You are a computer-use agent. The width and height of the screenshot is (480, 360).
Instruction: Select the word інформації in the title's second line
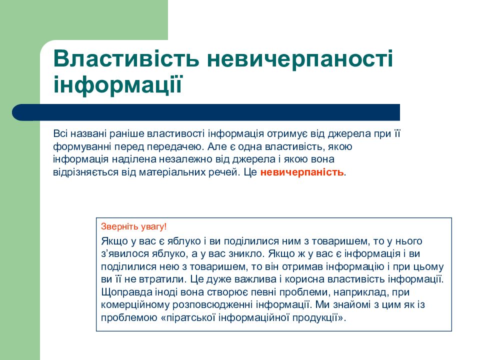(117, 84)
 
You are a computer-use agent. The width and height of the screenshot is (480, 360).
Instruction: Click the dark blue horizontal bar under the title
(210, 112)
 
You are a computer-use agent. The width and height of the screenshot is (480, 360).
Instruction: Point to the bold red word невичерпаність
(302, 172)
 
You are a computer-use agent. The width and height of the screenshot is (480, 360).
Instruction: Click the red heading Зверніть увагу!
(133, 226)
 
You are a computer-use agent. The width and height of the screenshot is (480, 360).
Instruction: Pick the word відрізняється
(81, 172)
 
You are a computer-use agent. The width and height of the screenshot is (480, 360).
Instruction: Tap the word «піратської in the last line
(189, 317)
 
